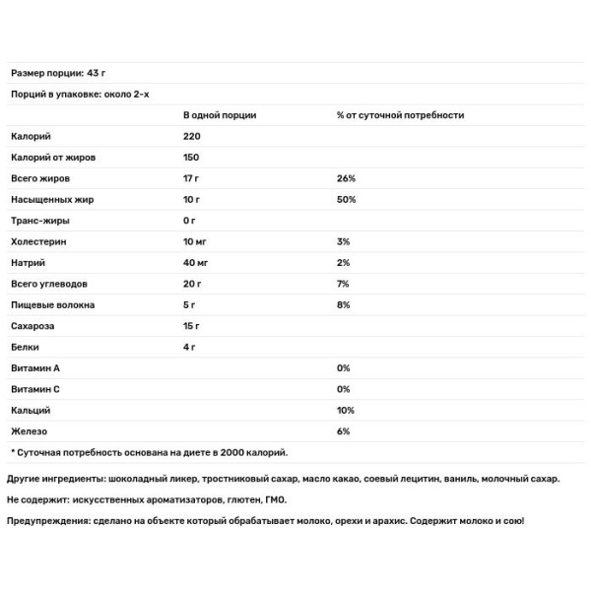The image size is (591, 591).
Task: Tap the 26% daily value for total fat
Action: (345, 178)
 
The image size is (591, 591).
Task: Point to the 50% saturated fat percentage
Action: (345, 199)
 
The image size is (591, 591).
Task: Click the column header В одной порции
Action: (220, 115)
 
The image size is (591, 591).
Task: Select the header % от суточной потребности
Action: (400, 115)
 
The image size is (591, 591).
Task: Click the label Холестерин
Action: (35, 241)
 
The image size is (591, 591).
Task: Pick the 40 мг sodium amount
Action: (197, 262)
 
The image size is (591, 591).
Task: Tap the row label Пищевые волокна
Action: (48, 304)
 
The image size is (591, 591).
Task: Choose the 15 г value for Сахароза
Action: (192, 325)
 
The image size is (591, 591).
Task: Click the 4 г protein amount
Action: (189, 347)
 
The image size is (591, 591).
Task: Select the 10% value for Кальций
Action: (345, 410)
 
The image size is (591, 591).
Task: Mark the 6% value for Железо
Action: (343, 430)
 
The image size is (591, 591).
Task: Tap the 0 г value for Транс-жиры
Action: (189, 221)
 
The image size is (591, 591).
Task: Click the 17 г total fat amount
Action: (191, 178)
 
